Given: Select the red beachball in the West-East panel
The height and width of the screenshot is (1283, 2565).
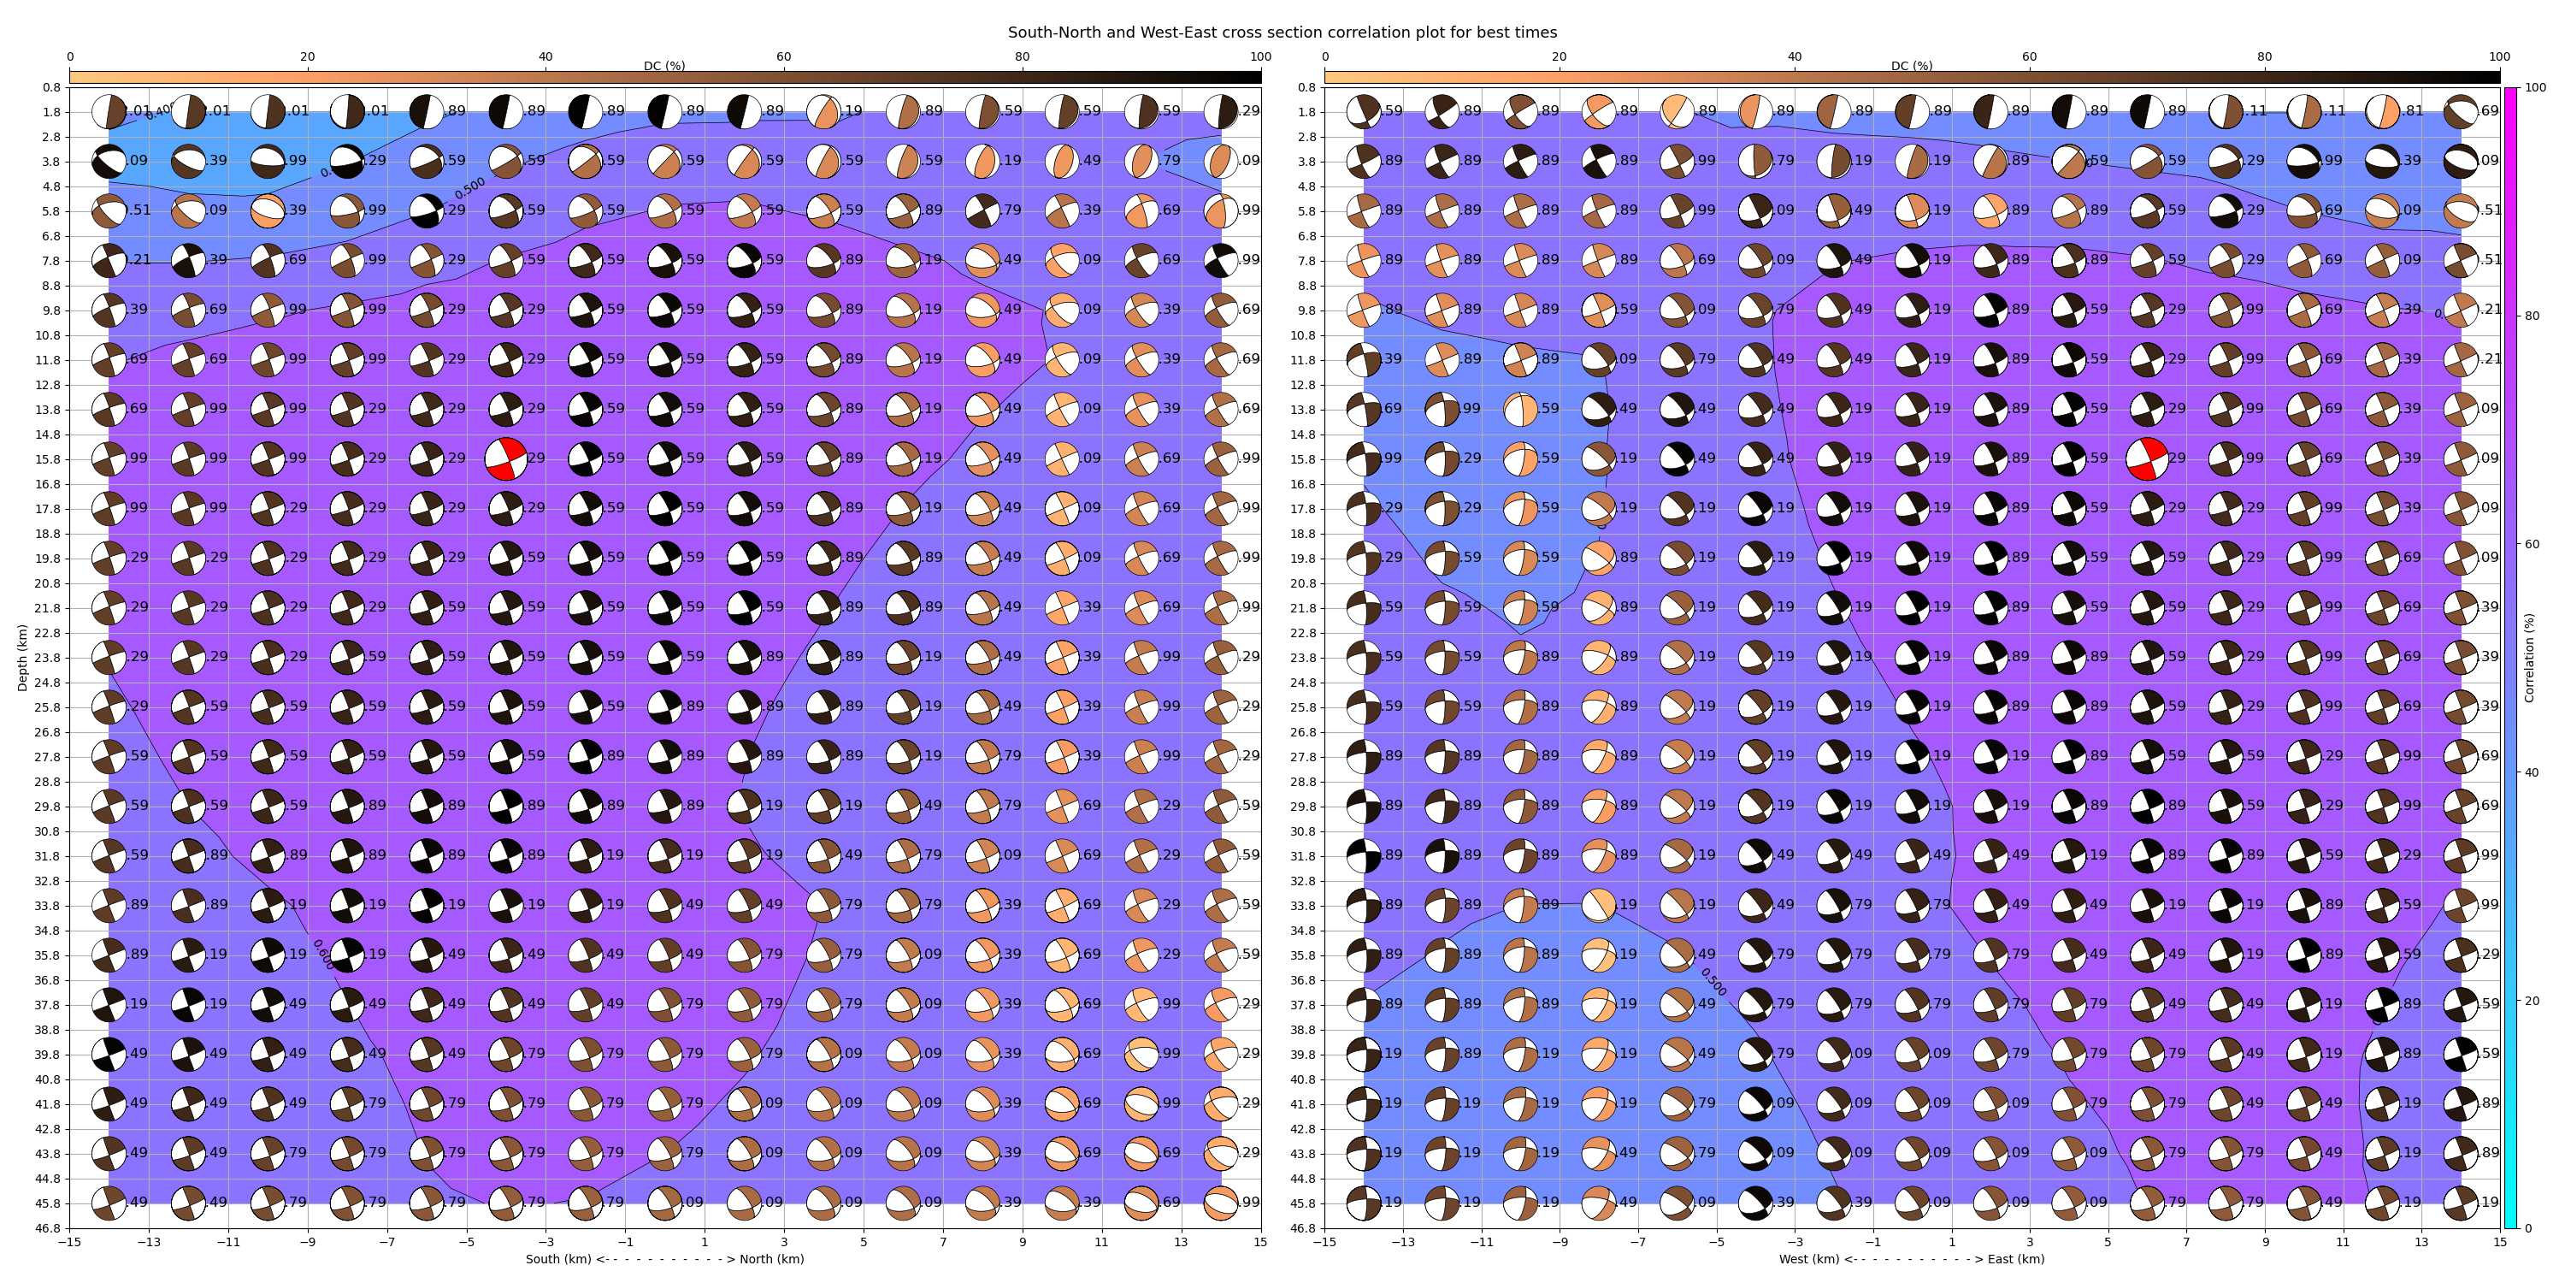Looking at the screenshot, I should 2146,459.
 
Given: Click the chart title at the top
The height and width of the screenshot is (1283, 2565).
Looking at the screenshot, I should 1282,33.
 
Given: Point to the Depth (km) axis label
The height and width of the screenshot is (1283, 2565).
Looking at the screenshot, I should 22,658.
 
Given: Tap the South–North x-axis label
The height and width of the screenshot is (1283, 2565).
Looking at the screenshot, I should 664,1259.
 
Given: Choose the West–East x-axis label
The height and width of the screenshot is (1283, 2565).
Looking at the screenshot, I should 1911,1259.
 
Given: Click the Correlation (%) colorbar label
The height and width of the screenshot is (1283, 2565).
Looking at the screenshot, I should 2529,658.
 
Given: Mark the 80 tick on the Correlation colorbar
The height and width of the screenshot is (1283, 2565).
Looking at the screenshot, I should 2535,316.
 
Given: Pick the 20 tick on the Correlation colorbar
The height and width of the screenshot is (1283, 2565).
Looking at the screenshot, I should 2535,1000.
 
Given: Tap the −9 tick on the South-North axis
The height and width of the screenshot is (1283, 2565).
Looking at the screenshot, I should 307,1242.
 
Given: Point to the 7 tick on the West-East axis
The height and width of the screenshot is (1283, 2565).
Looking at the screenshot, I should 2185,1242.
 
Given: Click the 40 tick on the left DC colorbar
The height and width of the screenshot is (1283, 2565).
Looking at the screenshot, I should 545,56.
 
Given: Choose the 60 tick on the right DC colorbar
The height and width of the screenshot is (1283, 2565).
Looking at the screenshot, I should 2029,56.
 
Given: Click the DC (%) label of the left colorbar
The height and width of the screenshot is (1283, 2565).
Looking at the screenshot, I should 664,66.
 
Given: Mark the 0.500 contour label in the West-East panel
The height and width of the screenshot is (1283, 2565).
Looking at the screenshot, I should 1713,981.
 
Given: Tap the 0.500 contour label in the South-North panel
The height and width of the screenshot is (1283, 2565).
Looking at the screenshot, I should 470,187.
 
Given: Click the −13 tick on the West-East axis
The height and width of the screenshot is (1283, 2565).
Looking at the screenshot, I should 1402,1242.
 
